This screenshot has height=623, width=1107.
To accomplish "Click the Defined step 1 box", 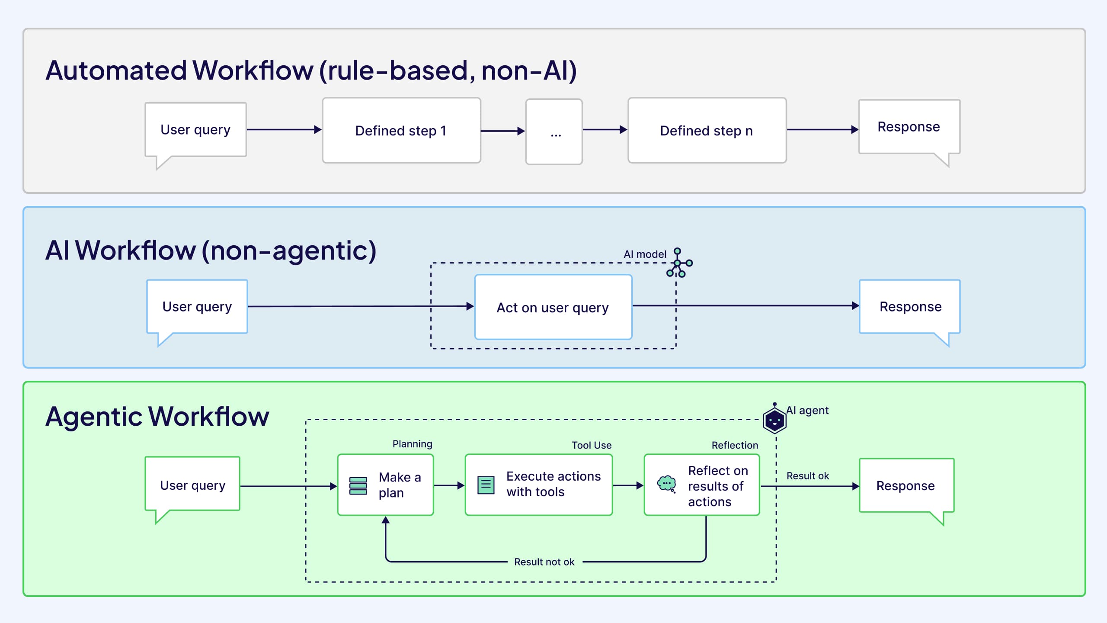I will click(401, 130).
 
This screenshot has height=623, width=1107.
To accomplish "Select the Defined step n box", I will click(707, 130).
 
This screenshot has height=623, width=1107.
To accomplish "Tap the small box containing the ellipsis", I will click(554, 132).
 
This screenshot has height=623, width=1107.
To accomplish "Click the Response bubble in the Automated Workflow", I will click(909, 127).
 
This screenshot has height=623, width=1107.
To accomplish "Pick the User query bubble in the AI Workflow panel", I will click(197, 307).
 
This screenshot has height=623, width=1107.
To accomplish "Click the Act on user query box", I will click(553, 307).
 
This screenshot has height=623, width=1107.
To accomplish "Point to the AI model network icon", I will click(679, 263).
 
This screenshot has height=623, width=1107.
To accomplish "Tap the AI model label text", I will click(645, 254).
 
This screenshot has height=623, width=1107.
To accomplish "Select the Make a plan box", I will click(385, 485).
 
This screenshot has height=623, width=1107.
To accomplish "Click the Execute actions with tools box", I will click(539, 485).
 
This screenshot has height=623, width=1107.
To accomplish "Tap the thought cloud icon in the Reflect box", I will click(666, 484).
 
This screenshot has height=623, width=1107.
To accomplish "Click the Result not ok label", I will click(544, 562).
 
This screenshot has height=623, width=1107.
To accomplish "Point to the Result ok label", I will click(807, 476).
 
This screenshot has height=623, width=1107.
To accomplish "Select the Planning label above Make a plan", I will click(412, 444).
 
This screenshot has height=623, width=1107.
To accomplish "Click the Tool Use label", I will click(591, 445).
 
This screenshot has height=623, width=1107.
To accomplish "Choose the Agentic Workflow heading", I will click(157, 416).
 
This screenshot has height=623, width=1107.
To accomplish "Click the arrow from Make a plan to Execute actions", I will click(449, 486).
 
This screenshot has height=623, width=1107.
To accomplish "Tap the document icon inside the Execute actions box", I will click(486, 485).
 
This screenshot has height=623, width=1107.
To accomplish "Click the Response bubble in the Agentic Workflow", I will click(906, 486).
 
